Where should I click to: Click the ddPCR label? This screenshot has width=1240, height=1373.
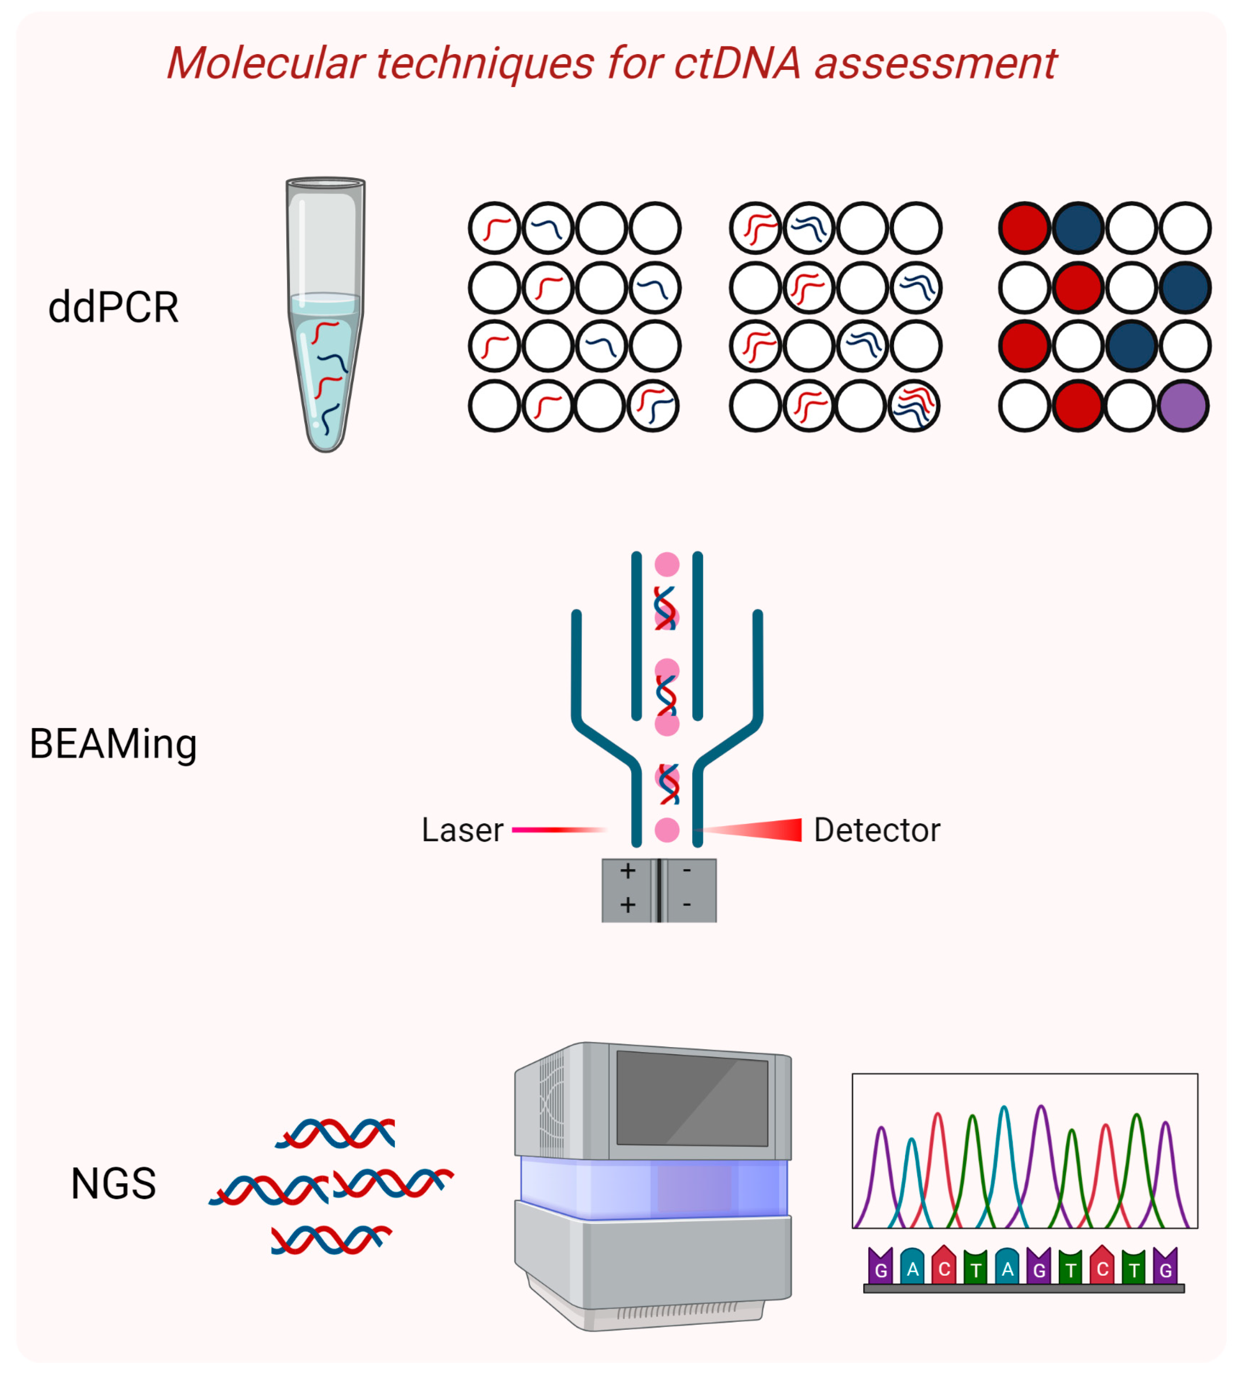[114, 307]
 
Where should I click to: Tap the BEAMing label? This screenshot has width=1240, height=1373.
[113, 744]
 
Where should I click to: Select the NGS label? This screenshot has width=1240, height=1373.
[114, 1184]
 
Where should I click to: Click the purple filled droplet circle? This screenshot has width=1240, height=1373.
[1184, 407]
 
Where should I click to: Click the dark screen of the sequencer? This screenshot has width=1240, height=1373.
[692, 1098]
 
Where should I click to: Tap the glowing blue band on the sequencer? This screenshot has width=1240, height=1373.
[654, 1189]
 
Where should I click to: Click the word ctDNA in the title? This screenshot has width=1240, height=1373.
[737, 64]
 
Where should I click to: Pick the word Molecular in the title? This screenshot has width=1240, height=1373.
[266, 64]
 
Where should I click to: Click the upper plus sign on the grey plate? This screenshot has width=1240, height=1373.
[628, 871]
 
